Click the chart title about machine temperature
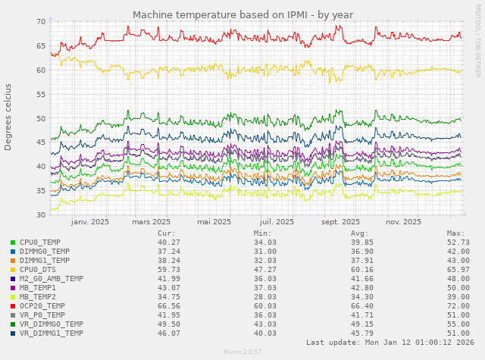(x=242, y=14)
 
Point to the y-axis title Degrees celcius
(x=8, y=117)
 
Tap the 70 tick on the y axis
(x=41, y=21)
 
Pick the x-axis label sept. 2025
(x=340, y=222)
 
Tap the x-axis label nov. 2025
(x=403, y=222)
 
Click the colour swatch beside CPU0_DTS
(x=13, y=269)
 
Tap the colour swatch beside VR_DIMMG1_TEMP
(x=13, y=333)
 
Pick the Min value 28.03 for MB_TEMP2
(x=262, y=296)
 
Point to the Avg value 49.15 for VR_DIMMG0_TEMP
(x=359, y=324)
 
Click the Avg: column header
(x=359, y=233)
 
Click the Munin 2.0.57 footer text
(x=242, y=352)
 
